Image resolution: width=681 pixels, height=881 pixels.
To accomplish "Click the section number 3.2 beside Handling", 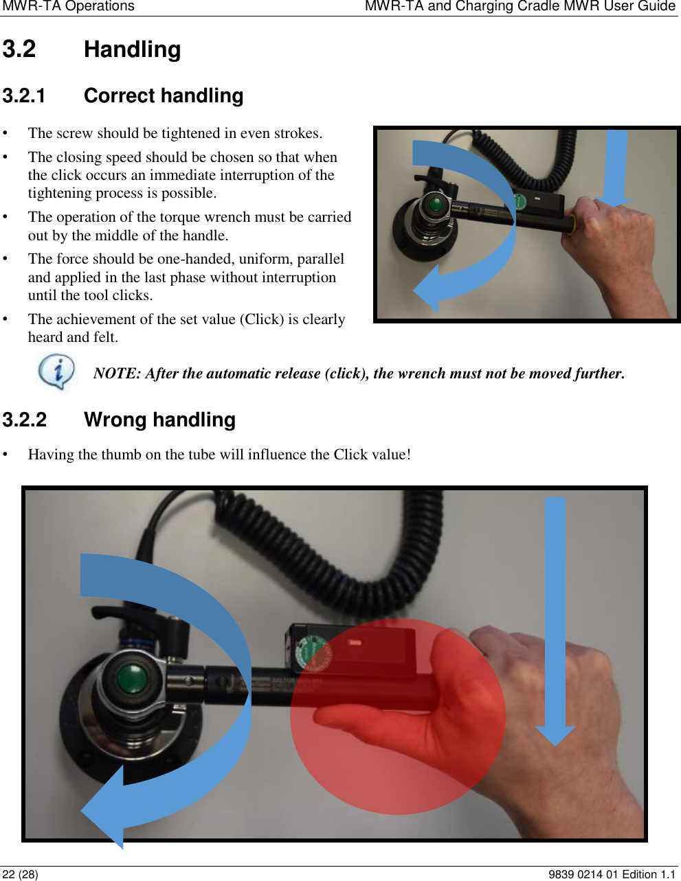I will (19, 49).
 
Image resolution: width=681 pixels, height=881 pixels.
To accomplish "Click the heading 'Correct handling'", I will (163, 95).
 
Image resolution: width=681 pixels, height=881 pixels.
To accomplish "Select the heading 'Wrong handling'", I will (159, 420).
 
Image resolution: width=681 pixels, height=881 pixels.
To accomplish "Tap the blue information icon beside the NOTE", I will (56, 371).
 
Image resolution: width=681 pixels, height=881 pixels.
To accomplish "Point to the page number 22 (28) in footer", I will (21, 874).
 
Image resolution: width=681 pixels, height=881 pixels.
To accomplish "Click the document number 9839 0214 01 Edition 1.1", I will (612, 874).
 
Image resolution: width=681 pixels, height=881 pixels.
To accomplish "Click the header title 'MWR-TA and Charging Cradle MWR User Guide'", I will (520, 7).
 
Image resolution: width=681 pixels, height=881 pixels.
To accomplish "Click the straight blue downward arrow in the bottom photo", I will (555, 618).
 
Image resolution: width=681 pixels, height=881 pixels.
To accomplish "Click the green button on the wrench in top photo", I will (435, 205).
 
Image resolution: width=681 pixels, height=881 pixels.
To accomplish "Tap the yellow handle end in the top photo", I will (570, 225).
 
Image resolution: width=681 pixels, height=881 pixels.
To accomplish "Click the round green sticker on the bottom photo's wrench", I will (314, 653).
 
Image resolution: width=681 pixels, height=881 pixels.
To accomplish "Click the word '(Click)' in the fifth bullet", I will (262, 319).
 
